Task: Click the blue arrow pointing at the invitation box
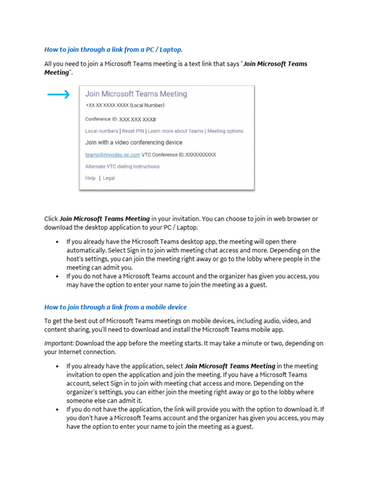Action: click(58, 95)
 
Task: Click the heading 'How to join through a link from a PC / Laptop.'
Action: click(113, 50)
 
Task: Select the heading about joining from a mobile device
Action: click(115, 307)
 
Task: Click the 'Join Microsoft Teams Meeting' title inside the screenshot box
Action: click(136, 94)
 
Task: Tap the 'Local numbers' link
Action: click(102, 131)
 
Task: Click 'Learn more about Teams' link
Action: click(176, 131)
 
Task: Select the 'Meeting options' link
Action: click(225, 131)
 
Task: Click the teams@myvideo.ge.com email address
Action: click(112, 155)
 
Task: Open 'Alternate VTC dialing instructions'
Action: click(122, 167)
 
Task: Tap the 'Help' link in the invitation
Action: click(90, 178)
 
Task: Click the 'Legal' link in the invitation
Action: click(108, 178)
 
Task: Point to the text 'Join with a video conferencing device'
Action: click(134, 142)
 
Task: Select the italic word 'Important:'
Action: click(59, 343)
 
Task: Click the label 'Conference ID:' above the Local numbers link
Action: click(101, 119)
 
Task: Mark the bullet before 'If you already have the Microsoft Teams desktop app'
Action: click(57, 242)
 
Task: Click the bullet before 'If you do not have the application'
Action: click(57, 410)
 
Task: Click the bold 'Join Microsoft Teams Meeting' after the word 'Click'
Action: click(105, 219)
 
